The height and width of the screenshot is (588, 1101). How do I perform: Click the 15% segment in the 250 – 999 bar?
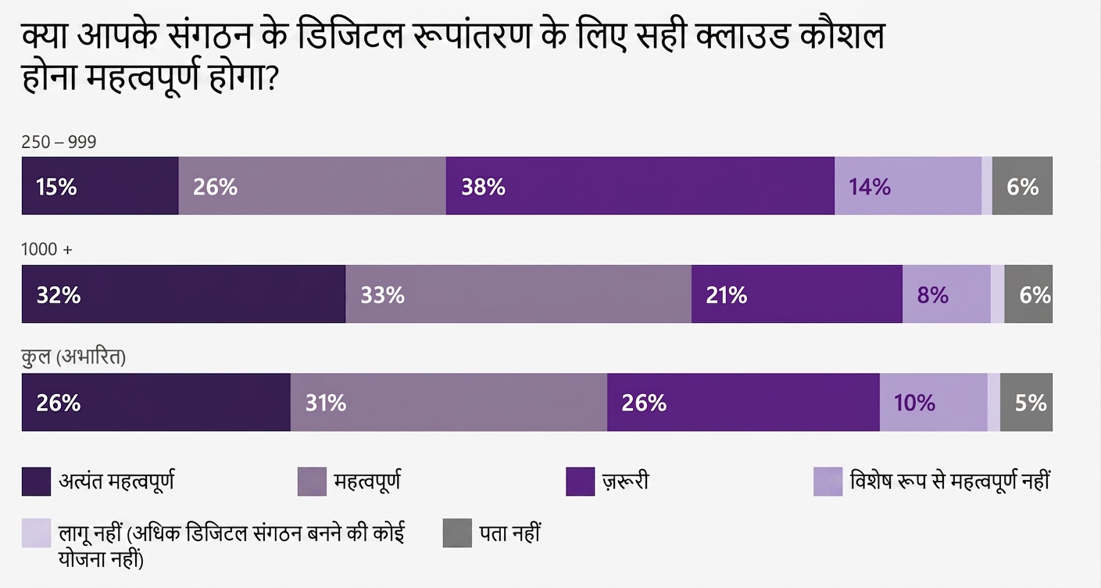100,186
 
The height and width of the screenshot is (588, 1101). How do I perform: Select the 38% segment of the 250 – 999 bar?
640,186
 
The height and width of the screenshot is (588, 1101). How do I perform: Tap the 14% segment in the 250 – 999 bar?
908,186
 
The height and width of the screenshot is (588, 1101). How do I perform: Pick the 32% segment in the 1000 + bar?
184,294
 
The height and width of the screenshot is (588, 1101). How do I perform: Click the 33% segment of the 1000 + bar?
519,294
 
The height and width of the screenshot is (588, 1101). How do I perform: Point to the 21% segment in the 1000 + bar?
797,294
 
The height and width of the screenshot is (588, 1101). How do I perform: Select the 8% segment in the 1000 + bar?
946,294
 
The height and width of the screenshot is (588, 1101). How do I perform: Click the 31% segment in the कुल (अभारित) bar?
449,402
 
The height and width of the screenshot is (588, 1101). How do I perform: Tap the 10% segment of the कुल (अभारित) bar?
934,402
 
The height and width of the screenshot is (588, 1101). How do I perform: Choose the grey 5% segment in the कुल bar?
1026,402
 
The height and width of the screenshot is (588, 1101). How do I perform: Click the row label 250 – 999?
59,142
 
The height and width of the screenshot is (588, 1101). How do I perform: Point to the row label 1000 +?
47,249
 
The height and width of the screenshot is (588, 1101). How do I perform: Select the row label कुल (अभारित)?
73,357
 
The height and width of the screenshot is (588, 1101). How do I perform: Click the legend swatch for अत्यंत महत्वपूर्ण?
37,482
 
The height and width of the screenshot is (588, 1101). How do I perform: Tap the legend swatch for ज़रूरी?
581,482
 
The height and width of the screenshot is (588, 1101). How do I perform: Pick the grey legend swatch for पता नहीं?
457,533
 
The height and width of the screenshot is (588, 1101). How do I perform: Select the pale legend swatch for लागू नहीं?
37,533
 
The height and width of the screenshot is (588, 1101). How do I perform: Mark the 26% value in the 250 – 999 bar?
216,187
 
